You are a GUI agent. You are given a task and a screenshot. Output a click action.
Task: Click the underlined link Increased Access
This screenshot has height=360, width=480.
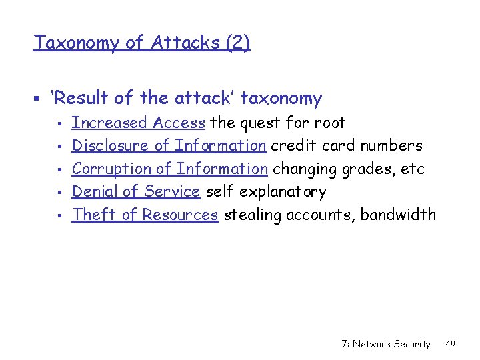pyautogui.click(x=138, y=123)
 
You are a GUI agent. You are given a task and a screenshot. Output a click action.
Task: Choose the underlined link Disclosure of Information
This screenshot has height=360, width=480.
pyautogui.click(x=169, y=145)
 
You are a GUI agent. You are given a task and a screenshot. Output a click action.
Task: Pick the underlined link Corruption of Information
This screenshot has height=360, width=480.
pyautogui.click(x=170, y=169)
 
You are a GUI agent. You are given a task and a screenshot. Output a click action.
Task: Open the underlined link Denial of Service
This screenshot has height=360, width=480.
pyautogui.click(x=136, y=192)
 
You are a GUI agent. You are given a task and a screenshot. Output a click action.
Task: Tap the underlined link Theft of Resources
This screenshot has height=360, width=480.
pyautogui.click(x=145, y=215)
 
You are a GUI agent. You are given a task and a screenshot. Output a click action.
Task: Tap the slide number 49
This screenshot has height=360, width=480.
pyautogui.click(x=450, y=344)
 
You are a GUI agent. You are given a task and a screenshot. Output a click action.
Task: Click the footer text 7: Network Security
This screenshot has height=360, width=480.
pyautogui.click(x=385, y=344)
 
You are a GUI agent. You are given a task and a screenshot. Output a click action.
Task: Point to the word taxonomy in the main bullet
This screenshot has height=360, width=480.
pyautogui.click(x=281, y=99)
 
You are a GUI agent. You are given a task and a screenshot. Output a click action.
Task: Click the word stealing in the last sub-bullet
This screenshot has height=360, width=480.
pyautogui.click(x=251, y=215)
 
